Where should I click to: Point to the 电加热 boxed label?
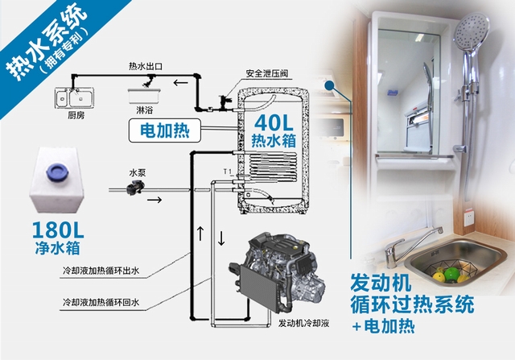160,129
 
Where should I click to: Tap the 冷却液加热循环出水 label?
104,271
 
